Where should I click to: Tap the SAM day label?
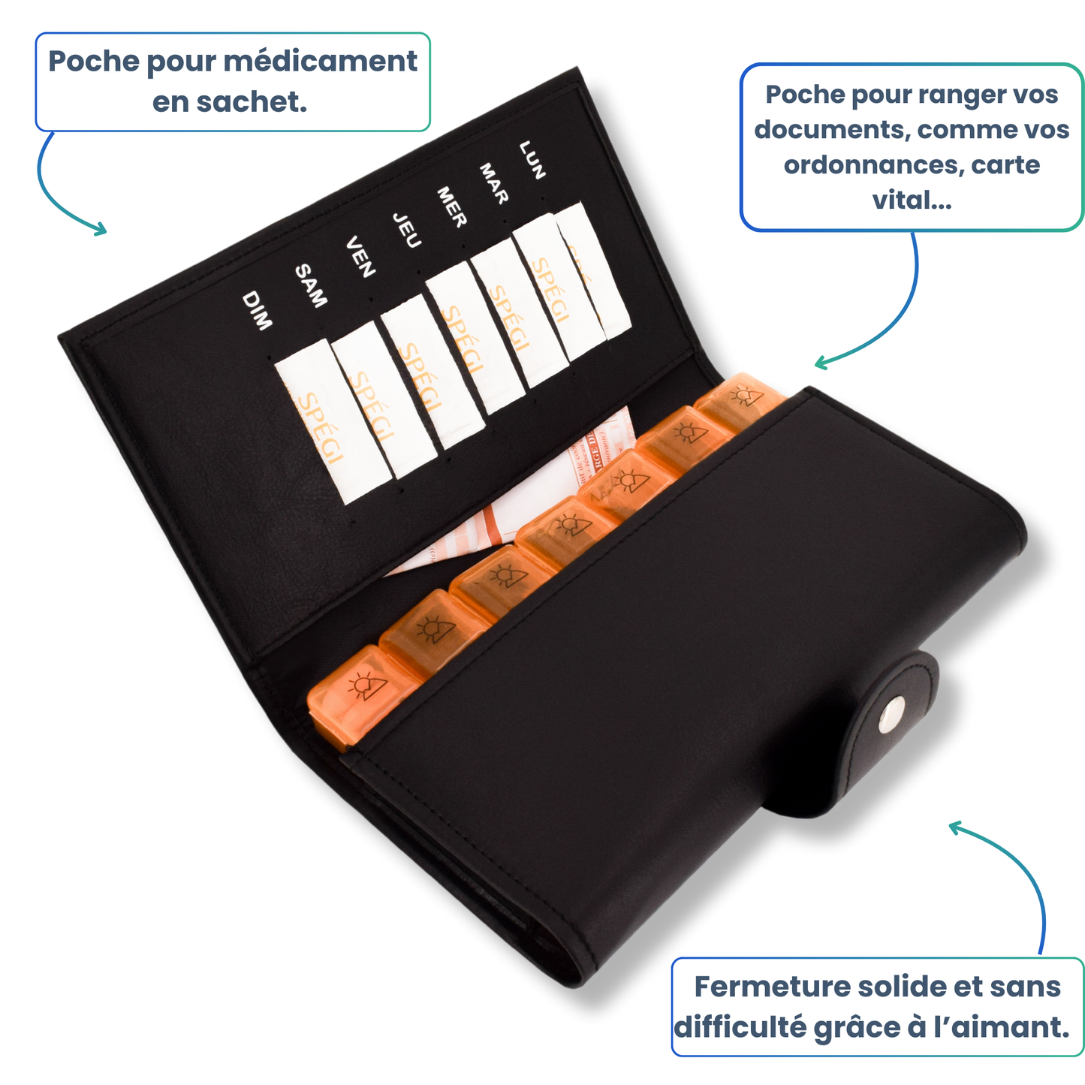coord(311,285)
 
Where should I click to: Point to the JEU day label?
coord(406,230)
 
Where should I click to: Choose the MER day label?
coord(452,207)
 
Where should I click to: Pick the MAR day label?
coord(494,183)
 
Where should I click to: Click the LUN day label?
coord(532,159)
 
